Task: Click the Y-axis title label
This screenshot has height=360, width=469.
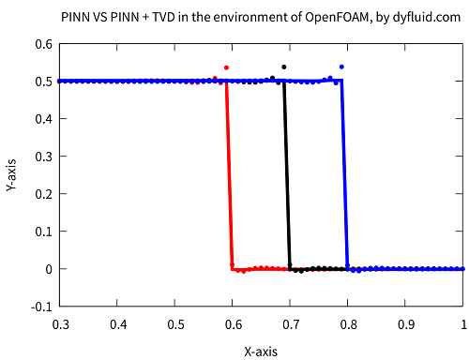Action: (11, 174)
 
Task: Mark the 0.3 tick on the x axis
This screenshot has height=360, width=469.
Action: (60, 323)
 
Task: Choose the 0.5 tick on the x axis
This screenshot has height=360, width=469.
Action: (175, 323)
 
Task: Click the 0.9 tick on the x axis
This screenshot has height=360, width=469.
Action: (406, 323)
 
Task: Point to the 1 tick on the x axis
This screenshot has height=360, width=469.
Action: (463, 323)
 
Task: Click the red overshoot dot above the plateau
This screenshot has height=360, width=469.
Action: (226, 67)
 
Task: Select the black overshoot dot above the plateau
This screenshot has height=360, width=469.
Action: (284, 67)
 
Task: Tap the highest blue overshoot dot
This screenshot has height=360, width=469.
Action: (341, 67)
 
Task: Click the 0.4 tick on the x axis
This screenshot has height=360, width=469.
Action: (118, 323)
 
